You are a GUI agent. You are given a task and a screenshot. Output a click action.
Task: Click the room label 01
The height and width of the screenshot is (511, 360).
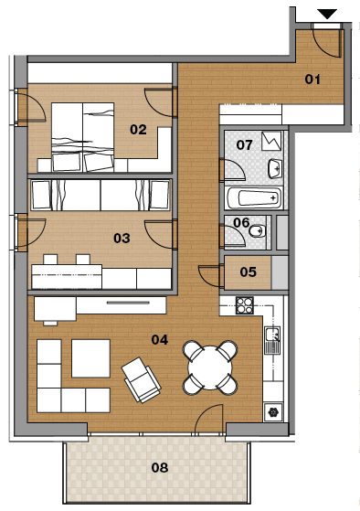pyautogui.click(x=312, y=79)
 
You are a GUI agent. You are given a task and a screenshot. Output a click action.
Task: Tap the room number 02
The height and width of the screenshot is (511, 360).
pyautogui.click(x=138, y=130)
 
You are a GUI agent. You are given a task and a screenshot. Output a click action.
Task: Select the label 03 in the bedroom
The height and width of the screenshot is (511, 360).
pyautogui.click(x=122, y=239)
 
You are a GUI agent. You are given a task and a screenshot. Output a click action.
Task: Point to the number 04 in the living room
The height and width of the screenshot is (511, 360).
pyautogui.click(x=160, y=340)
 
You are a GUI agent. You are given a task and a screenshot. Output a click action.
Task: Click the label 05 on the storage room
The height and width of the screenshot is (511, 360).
pyautogui.click(x=249, y=271)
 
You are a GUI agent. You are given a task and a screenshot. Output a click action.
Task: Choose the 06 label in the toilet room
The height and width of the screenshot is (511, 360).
pyautogui.click(x=241, y=222)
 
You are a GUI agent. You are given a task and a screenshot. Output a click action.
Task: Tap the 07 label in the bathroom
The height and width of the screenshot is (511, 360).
pyautogui.click(x=244, y=144)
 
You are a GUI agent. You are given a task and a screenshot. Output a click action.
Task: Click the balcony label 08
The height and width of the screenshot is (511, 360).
pyautogui.click(x=160, y=468)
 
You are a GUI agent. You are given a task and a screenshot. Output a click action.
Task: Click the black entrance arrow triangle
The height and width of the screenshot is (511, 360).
pyautogui.click(x=327, y=14)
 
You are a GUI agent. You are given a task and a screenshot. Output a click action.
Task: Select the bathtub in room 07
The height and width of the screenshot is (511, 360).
pyautogui.click(x=253, y=197)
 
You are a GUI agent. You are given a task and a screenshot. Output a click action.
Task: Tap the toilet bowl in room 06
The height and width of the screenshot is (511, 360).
pyautogui.click(x=258, y=231)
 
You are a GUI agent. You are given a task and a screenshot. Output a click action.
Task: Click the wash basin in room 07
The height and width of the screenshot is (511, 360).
pyautogui.click(x=275, y=168)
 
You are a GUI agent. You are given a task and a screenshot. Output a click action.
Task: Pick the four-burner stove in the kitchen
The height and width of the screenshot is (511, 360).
pyautogui.click(x=245, y=305)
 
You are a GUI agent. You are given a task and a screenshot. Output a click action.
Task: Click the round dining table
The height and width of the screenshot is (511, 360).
pyautogui.click(x=210, y=367)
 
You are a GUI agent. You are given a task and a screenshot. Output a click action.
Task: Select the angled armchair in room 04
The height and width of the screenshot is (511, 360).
pyautogui.click(x=142, y=379)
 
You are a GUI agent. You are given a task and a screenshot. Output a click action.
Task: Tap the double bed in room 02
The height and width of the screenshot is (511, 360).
pyautogui.click(x=83, y=137)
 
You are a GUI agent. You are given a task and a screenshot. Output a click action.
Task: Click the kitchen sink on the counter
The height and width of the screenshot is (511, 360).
pyautogui.click(x=272, y=340)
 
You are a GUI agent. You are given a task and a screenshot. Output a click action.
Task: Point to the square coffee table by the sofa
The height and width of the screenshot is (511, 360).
pyautogui.click(x=90, y=358)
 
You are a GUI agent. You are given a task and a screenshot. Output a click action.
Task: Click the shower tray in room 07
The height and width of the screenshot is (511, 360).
pyautogui.click(x=271, y=141)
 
